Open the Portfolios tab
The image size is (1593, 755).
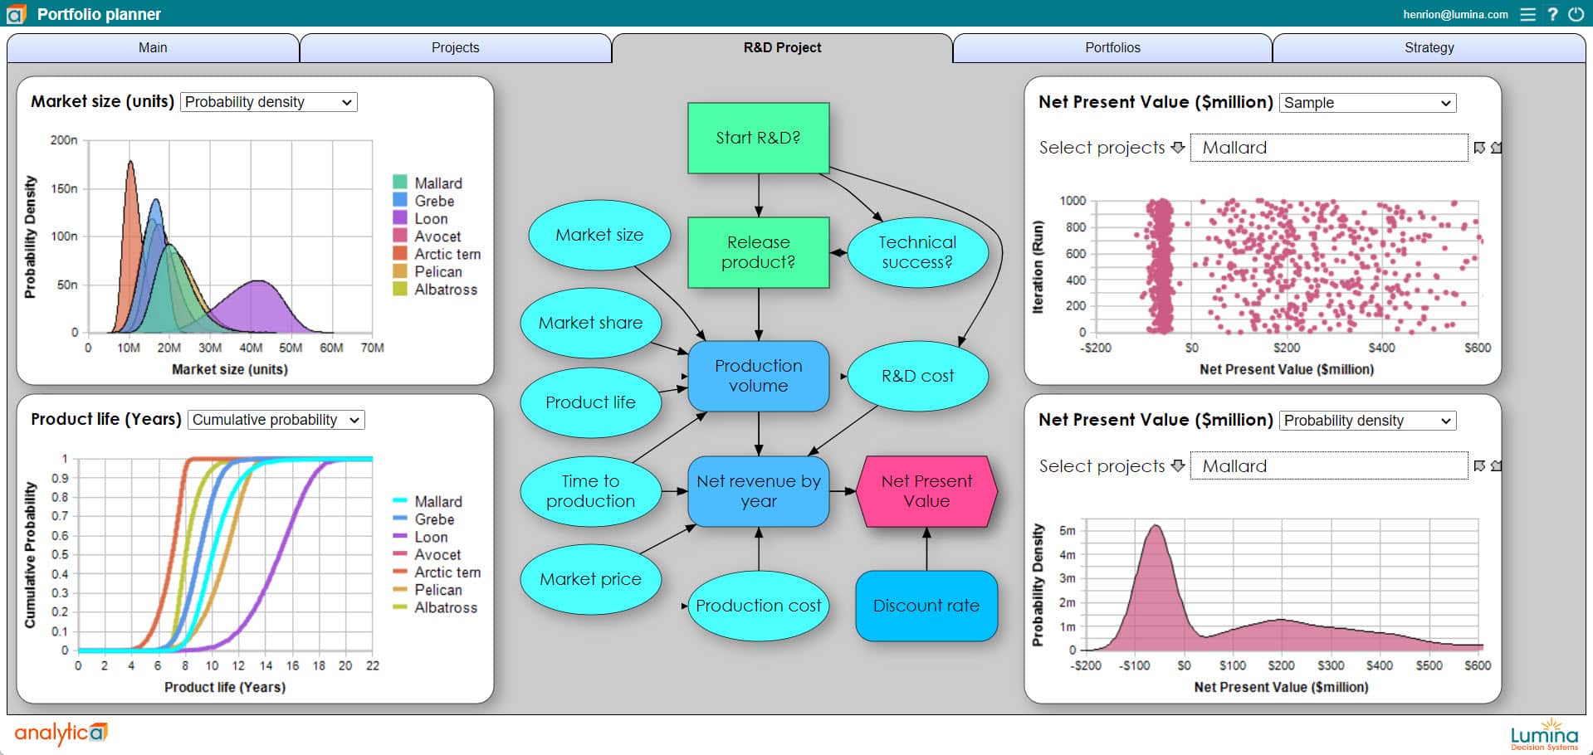(1112, 47)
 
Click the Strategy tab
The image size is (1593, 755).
(1429, 47)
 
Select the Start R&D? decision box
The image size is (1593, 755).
(758, 138)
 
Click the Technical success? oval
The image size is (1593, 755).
(917, 252)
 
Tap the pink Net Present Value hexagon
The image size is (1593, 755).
(926, 491)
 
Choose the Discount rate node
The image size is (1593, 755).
(926, 606)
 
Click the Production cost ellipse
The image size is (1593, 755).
(758, 606)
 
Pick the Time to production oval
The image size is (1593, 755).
(590, 491)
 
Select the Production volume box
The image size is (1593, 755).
(758, 376)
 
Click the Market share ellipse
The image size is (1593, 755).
(590, 323)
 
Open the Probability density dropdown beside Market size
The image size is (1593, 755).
(268, 102)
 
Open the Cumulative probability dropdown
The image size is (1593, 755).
(276, 420)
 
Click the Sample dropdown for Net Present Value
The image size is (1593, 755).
(1366, 103)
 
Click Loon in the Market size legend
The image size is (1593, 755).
(430, 219)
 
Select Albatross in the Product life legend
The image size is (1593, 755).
(445, 608)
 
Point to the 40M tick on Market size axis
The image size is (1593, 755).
(251, 348)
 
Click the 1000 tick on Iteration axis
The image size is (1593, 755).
(1073, 201)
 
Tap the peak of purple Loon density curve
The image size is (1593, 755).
(260, 282)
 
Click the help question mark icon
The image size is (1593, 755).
(1552, 14)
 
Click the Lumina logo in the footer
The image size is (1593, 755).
(1544, 734)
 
